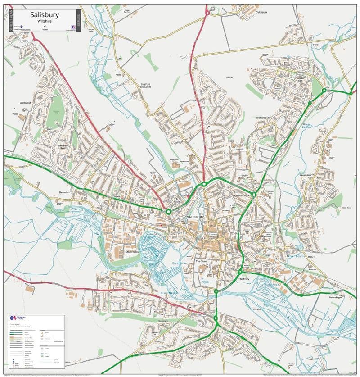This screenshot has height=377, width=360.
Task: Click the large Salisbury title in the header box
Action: (x=44, y=14)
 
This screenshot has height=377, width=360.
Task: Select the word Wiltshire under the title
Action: (x=44, y=21)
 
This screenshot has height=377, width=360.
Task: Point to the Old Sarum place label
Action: (x=261, y=12)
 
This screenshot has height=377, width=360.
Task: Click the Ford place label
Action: (x=315, y=45)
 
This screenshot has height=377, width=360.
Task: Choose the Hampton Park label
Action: (x=301, y=79)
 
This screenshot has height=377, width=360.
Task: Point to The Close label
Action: (x=201, y=261)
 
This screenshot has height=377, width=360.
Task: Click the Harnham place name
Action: (x=163, y=321)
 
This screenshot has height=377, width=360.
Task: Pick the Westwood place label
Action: (x=25, y=103)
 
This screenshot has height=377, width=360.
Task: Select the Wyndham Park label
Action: (x=241, y=195)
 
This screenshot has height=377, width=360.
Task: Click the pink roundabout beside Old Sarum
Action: (x=207, y=13)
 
